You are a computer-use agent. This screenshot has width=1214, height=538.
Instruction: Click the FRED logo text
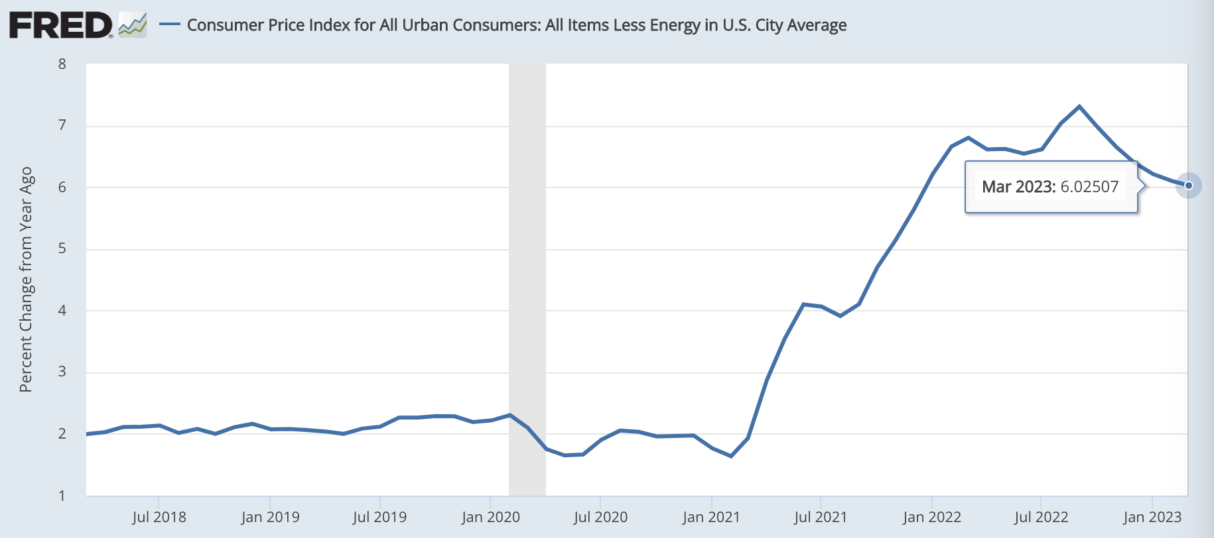61,25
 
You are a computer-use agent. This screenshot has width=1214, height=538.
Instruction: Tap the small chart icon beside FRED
133,25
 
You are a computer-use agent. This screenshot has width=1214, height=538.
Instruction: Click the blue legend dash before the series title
170,25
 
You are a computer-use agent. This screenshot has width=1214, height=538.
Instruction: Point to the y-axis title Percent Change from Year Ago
26,279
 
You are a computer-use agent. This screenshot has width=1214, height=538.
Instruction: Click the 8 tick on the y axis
62,64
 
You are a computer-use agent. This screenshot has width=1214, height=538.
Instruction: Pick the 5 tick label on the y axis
62,249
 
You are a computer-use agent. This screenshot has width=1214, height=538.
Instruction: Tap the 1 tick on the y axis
62,496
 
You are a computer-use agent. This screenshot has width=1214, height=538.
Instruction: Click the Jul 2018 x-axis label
159,517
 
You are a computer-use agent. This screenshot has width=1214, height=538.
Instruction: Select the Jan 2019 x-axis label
270,517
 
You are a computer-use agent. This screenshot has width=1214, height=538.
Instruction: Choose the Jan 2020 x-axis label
490,517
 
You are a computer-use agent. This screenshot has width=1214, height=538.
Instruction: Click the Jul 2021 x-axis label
821,517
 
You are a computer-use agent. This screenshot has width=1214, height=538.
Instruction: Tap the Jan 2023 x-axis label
1152,517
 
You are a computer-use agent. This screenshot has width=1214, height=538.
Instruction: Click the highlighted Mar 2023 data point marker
1189,186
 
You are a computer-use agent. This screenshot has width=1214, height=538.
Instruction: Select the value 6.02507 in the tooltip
1089,187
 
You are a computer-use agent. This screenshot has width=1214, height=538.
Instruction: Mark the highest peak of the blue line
1079,106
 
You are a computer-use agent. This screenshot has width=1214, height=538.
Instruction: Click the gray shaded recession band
527,278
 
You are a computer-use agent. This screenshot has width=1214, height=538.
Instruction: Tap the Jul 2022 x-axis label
1041,517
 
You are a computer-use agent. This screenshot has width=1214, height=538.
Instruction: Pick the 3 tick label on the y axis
62,372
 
